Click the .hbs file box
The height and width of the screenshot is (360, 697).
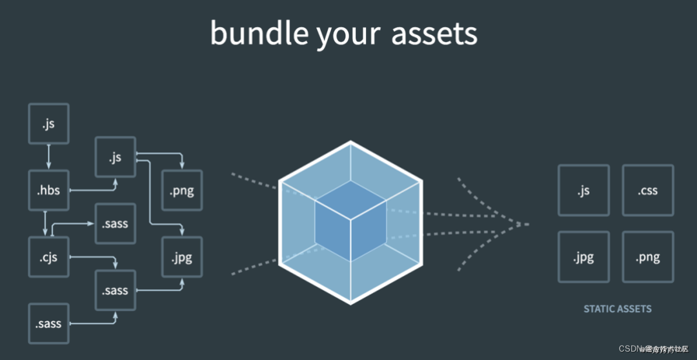click(x=48, y=190)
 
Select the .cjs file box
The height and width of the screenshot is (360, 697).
click(x=48, y=257)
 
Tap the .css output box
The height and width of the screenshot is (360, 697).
click(x=647, y=190)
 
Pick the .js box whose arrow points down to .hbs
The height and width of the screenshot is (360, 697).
click(x=48, y=123)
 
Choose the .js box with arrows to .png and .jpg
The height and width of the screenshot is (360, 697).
click(x=116, y=157)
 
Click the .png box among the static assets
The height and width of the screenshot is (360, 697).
click(x=647, y=257)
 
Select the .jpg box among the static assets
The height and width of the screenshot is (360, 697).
click(x=583, y=257)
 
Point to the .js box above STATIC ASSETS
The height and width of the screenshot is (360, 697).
click(x=583, y=190)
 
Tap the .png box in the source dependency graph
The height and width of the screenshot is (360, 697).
click(x=182, y=190)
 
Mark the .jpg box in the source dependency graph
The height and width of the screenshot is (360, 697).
click(x=182, y=257)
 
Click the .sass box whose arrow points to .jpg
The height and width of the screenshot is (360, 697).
click(x=116, y=290)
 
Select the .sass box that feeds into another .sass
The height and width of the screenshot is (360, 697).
click(x=48, y=323)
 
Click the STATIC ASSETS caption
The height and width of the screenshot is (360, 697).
click(x=617, y=308)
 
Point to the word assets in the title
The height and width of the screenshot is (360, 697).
click(x=434, y=34)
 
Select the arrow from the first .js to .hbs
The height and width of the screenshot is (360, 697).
click(x=48, y=157)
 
